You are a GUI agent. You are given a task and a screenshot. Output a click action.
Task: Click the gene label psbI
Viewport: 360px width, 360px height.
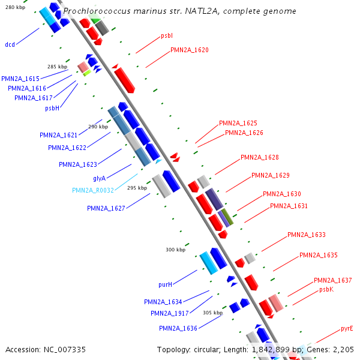pos(167,37)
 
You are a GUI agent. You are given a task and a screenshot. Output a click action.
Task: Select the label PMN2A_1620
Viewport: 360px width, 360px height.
pos(190,50)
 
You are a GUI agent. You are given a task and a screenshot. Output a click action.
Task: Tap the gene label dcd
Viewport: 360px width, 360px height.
pos(10,44)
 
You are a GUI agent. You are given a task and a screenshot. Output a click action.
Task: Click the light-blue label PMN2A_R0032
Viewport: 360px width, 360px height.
pos(98,190)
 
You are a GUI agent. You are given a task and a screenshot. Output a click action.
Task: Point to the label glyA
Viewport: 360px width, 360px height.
pos(99,178)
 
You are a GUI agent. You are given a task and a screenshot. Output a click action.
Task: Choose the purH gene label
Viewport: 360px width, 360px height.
pos(165,284)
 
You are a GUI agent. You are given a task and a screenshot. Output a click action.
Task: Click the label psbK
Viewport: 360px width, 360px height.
pos(326,289)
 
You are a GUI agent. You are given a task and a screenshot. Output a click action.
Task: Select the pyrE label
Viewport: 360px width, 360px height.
pos(347,328)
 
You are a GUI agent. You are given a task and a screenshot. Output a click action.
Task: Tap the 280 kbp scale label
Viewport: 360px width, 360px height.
pos(15,7)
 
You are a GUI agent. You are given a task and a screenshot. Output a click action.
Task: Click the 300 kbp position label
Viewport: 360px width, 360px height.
pos(176,250)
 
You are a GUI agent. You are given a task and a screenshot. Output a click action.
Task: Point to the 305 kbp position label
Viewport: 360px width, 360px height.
pos(212,313)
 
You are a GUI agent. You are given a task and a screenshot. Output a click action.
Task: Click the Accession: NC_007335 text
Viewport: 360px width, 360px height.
pos(46,349)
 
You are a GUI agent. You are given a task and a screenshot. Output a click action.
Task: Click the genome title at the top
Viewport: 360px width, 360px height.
pos(179,11)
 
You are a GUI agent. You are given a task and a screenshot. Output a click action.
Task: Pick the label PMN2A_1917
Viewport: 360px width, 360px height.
pos(170,313)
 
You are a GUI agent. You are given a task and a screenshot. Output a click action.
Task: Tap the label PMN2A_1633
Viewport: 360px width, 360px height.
pos(306,235)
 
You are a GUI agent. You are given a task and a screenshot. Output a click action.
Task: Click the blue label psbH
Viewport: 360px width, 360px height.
pos(52,109)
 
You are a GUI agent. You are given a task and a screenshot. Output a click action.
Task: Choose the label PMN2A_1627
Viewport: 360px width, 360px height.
pos(106,209)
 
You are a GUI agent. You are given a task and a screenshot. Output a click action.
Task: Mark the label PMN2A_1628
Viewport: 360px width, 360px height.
pos(259,157)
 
